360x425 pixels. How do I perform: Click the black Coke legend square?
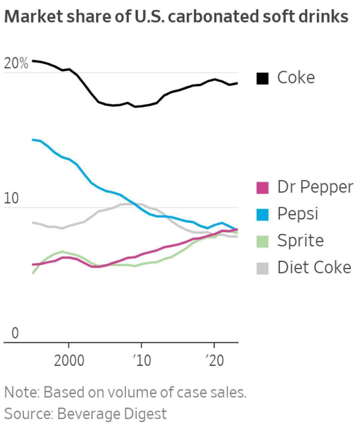pyautogui.click(x=262, y=78)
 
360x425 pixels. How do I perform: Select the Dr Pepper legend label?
pyautogui.click(x=315, y=187)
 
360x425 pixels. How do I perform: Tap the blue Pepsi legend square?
pyautogui.click(x=262, y=214)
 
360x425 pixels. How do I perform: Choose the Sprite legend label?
pyautogui.click(x=300, y=240)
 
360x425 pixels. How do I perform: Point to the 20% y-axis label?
pyautogui.click(x=16, y=63)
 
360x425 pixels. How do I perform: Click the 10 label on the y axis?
pyautogui.click(x=12, y=199)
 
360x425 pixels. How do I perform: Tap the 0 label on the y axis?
pyautogui.click(x=15, y=333)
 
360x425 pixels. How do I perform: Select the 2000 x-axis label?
pyautogui.click(x=69, y=360)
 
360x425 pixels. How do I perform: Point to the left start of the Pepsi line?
pyautogui.click(x=33, y=140)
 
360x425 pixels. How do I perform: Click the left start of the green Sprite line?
pyautogui.click(x=33, y=273)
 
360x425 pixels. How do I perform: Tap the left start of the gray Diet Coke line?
pyautogui.click(x=33, y=222)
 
